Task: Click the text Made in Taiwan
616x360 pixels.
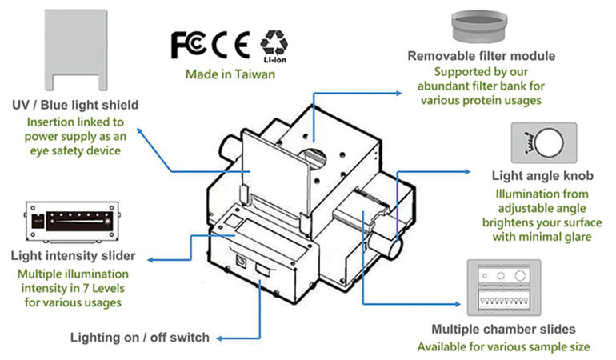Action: (x=230, y=74)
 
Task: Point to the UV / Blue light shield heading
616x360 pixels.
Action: (x=76, y=105)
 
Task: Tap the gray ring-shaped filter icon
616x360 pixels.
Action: (x=482, y=26)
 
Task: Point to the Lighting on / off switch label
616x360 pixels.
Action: (x=139, y=337)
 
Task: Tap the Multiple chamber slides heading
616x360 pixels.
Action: (x=502, y=329)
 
